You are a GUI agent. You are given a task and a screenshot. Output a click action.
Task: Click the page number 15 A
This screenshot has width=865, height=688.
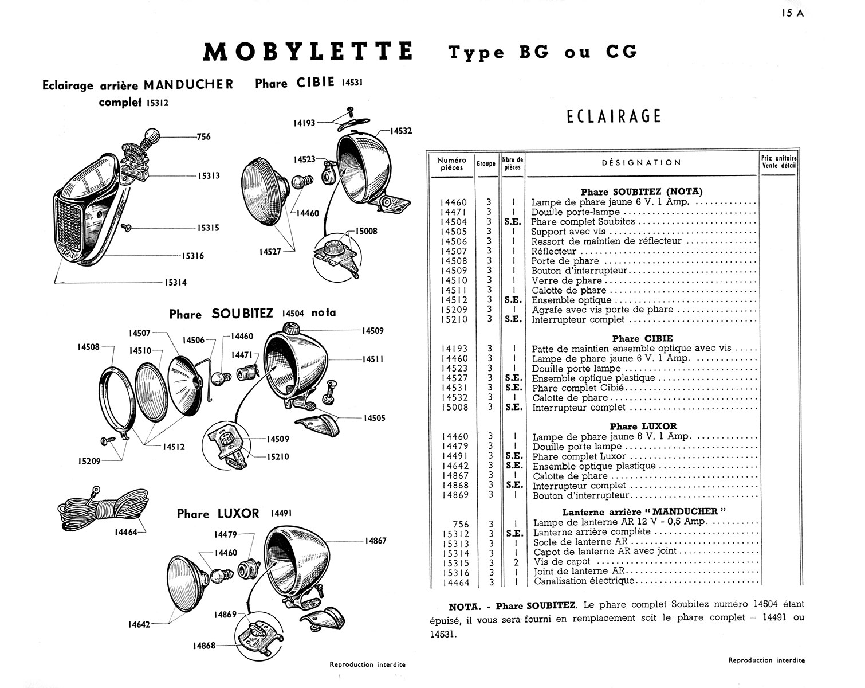click(x=792, y=14)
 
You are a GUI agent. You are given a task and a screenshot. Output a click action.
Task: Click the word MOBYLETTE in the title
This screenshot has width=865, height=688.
click(x=308, y=52)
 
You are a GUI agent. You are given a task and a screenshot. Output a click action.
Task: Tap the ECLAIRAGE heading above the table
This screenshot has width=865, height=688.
click(x=614, y=116)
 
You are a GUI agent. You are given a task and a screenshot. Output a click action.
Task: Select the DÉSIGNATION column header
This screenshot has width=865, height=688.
click(x=641, y=163)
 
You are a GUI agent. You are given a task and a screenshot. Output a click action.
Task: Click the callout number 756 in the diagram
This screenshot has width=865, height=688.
click(x=203, y=136)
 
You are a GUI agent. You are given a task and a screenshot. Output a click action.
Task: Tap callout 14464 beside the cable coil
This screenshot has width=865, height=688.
click(x=125, y=532)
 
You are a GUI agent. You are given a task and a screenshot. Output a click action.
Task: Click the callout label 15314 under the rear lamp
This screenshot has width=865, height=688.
click(x=175, y=282)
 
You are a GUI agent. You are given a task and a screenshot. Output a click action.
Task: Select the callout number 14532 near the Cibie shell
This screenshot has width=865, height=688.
click(x=401, y=131)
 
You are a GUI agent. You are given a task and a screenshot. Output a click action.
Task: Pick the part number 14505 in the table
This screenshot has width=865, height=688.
click(x=454, y=232)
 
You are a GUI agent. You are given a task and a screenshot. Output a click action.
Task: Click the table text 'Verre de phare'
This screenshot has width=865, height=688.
click(x=567, y=280)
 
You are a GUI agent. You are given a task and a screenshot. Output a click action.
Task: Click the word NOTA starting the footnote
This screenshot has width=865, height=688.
click(x=464, y=607)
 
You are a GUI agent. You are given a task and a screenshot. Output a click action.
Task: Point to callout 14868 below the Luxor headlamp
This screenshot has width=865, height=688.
click(x=205, y=646)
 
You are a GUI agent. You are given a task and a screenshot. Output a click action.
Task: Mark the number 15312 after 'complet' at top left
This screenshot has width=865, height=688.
click(x=158, y=103)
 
